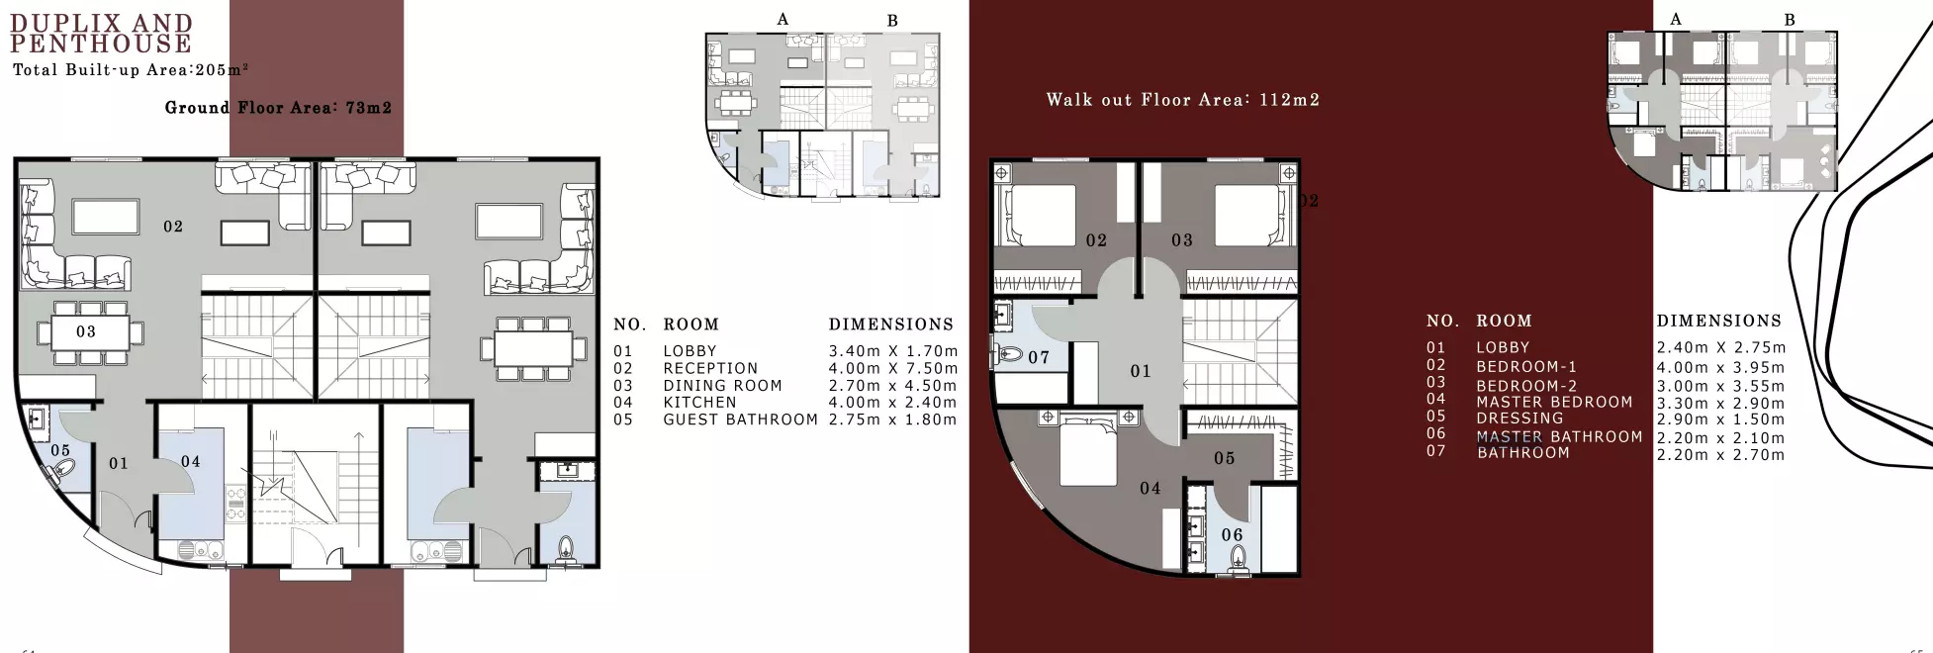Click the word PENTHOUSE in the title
[101, 45]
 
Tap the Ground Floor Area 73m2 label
[278, 108]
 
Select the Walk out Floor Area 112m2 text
[1182, 100]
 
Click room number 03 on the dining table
[86, 331]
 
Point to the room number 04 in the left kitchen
[191, 462]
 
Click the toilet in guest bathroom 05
[66, 476]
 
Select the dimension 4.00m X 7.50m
[892, 368]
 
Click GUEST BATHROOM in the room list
[740, 420]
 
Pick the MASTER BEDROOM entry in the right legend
[1554, 402]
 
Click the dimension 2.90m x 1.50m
[1720, 420]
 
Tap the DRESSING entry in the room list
[1519, 419]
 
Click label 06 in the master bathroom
[1232, 535]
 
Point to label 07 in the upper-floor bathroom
[1039, 357]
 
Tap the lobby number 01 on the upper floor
[1141, 371]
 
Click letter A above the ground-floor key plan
[782, 20]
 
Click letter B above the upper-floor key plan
[1789, 20]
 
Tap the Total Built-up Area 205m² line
[130, 70]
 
